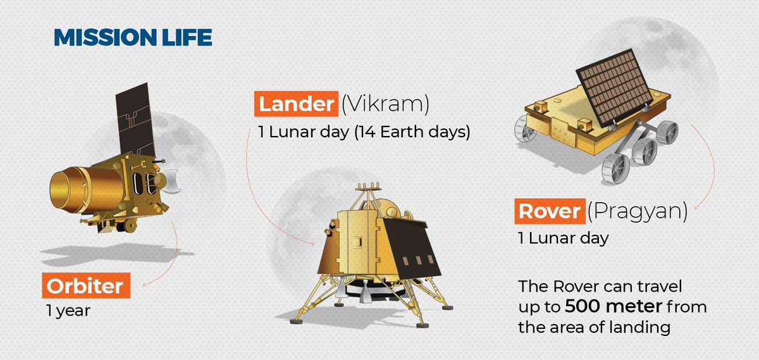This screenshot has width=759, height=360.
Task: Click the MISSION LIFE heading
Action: point(133,37)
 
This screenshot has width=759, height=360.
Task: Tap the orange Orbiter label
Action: point(86,285)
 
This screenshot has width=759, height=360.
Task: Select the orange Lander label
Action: point(296,104)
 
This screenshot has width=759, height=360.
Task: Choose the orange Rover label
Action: point(550,211)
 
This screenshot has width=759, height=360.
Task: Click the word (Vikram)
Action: point(385,104)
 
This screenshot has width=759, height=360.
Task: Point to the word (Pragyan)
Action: point(638,212)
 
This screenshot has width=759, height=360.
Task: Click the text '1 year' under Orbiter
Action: point(68,311)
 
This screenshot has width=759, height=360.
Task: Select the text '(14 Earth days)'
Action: point(412,132)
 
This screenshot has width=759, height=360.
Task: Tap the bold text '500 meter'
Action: point(614,306)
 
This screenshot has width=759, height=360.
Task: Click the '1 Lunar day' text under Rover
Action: point(563,238)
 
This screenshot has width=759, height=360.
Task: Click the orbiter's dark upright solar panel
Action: point(135,120)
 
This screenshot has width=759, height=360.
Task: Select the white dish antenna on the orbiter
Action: point(172,182)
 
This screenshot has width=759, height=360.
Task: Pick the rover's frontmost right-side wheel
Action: point(616,169)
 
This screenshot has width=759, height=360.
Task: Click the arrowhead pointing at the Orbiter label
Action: point(145,285)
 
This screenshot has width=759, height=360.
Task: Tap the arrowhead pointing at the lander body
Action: point(312,243)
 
